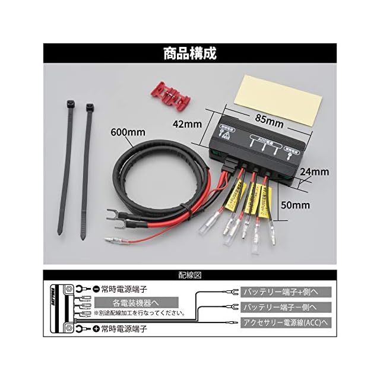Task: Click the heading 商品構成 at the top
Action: [x=190, y=53]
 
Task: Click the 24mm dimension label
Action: [x=315, y=173]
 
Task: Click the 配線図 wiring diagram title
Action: [x=190, y=275]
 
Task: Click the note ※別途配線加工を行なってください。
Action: [x=138, y=312]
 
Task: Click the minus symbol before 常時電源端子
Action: [x=96, y=289]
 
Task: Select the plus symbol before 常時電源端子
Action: [x=96, y=327]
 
